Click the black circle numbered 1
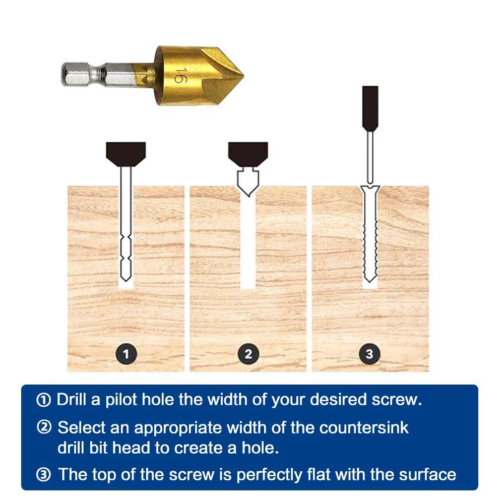pos(126,354)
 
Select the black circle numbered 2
pos(248,354)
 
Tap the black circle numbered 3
pos(370,354)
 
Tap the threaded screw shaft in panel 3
pos(370,242)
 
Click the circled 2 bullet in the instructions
pos(44,428)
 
